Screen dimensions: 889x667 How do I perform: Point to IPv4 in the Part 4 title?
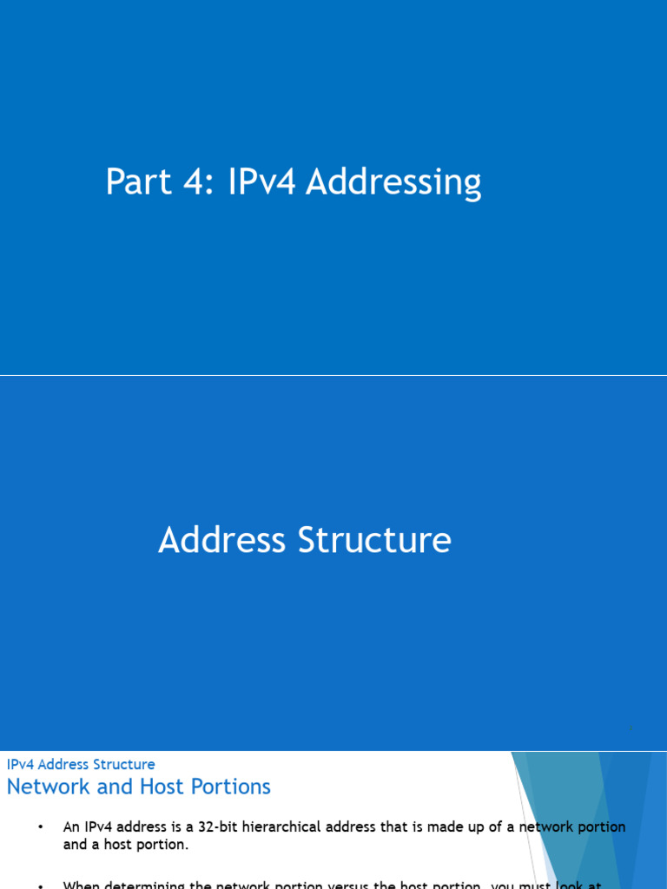click(263, 183)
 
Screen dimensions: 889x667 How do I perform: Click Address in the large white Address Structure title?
click(223, 540)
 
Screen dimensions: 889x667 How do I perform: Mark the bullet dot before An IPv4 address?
click(39, 827)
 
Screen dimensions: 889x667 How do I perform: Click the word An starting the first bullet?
click(71, 827)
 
